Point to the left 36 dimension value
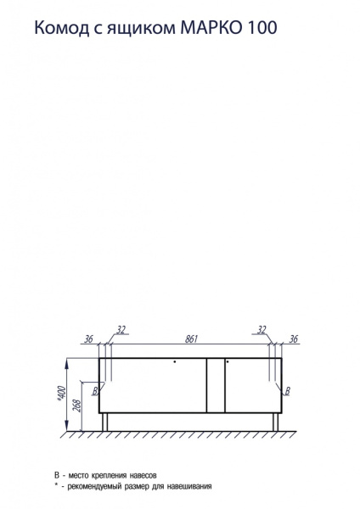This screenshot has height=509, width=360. click(x=88, y=339)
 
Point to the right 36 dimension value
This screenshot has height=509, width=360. click(x=294, y=339)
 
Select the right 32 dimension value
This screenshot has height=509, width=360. click(x=262, y=329)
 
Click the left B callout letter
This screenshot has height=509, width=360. click(x=95, y=392)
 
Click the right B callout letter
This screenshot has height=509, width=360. click(x=288, y=391)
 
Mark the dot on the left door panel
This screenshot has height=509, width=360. click(x=175, y=362)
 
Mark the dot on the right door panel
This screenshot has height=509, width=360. click(x=228, y=362)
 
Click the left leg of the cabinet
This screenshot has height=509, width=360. click(x=105, y=422)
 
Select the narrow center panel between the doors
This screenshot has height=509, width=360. click(x=216, y=386)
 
